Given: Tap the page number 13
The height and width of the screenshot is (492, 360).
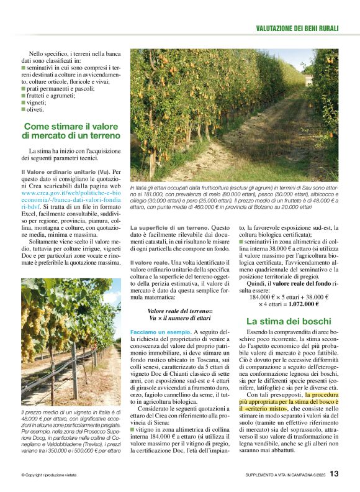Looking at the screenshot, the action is [334, 474].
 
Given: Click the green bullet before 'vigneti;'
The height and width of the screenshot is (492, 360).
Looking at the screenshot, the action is [23, 103].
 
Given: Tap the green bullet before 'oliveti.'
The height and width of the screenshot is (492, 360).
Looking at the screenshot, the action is [23, 110].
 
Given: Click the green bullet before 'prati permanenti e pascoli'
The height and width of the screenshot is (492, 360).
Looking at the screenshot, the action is [23, 89].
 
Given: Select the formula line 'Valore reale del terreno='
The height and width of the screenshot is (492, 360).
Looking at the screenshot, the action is [179, 311].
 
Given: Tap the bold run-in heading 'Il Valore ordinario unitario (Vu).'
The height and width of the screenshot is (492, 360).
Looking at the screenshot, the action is [65, 171].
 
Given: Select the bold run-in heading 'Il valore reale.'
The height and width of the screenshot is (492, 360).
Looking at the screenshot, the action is [150, 263].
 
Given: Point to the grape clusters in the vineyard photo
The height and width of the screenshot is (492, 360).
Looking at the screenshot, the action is [43, 317].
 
